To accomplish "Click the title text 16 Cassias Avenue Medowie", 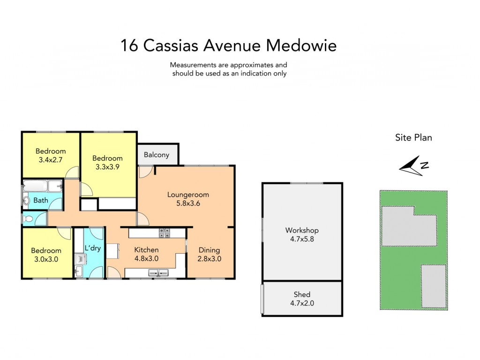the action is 228,45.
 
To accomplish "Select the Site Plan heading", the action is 413,138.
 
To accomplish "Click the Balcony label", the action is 157,155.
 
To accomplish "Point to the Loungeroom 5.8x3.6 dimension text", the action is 188,203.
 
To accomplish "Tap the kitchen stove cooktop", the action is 165,232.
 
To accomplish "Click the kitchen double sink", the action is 158,272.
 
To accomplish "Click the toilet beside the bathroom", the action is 27,219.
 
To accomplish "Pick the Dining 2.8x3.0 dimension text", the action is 210,259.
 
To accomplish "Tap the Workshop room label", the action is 302,230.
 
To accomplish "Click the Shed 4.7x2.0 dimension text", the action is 302,303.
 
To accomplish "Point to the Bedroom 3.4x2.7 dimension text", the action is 51,159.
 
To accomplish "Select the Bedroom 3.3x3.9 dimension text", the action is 107,167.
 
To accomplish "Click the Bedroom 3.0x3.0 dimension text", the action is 46,259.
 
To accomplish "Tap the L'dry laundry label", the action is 92,247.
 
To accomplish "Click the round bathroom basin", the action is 26,201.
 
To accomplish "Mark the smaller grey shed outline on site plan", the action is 434,286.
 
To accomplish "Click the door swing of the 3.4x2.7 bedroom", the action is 72,172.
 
